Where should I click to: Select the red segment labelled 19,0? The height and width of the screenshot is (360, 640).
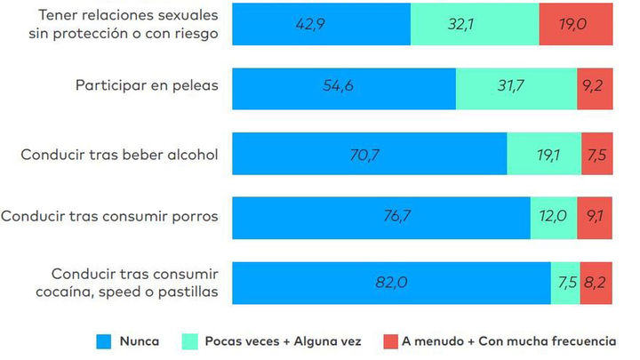575,23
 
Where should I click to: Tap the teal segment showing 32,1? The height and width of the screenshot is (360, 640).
475,23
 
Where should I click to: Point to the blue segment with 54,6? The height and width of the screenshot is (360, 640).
344,88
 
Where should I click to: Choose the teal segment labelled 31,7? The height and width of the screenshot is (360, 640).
516,88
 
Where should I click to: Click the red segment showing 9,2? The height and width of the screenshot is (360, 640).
595,88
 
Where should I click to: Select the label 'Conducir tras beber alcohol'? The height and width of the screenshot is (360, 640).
119,154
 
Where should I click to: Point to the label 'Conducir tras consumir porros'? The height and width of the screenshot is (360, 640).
110,215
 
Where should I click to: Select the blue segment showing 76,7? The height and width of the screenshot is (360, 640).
380,215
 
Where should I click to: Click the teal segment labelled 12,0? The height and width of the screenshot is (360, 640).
553,215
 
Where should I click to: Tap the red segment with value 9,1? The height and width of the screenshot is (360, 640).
595,215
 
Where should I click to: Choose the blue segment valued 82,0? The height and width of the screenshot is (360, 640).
391,283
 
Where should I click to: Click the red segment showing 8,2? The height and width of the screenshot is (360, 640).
596,283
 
